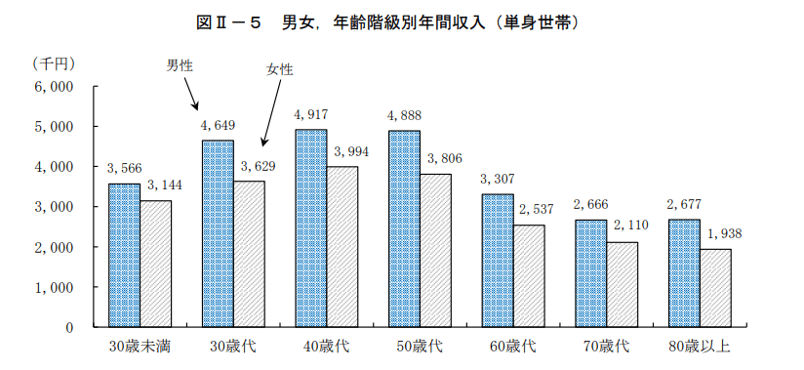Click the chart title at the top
[402, 21]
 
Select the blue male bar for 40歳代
[311, 228]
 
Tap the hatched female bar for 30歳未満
[155, 264]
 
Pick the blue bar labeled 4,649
[218, 233]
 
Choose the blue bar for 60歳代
[498, 261]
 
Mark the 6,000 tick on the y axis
[54, 87]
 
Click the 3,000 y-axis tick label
[54, 207]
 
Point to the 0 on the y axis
[69, 328]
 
